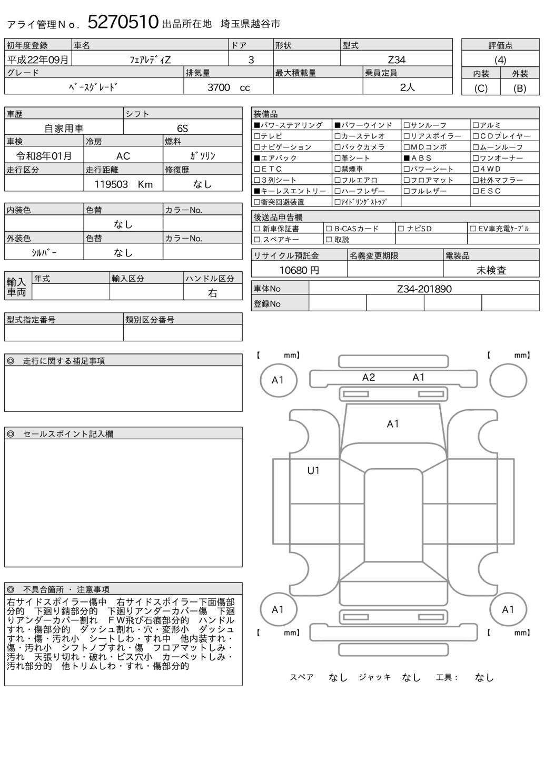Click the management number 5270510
123,22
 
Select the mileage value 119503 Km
123,184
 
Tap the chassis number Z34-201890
424,289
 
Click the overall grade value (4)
500,60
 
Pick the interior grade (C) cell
480,88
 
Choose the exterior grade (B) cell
519,88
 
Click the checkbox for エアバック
257,158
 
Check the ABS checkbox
407,158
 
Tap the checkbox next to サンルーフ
407,125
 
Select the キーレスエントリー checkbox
257,191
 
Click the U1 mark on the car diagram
313,471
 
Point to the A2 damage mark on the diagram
368,377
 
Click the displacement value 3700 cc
229,87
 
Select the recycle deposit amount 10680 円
299,270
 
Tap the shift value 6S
182,129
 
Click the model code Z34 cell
396,60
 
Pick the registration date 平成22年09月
37,60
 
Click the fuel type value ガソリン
202,156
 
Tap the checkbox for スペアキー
257,240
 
